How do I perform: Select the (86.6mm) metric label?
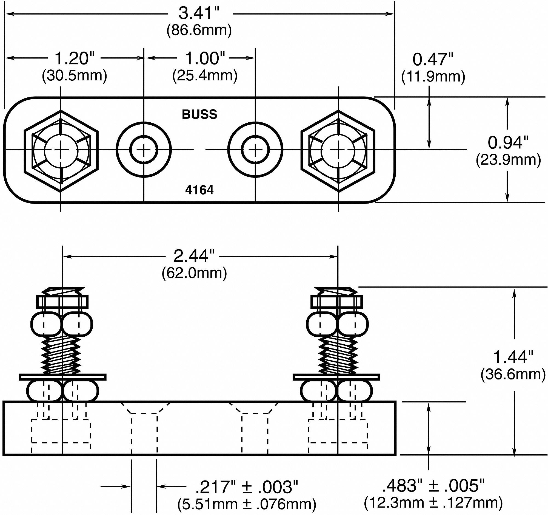pyautogui.click(x=199, y=30)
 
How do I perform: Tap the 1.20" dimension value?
pyautogui.click(x=75, y=58)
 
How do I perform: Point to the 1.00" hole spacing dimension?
pyautogui.click(x=205, y=58)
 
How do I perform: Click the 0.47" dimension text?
pyautogui.click(x=433, y=60)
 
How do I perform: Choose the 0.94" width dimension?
pyautogui.click(x=508, y=142)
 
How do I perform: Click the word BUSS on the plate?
pyautogui.click(x=199, y=114)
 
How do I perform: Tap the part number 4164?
pyautogui.click(x=199, y=190)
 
